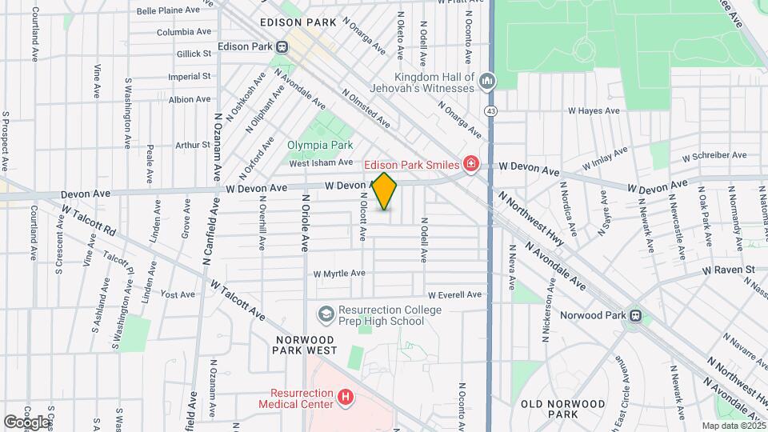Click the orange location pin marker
(385, 191)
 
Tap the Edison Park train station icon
(281, 46)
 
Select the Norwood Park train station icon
(636, 315)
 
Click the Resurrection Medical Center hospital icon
(346, 397)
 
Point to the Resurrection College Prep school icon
(326, 315)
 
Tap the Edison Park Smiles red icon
(471, 165)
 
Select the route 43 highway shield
(490, 110)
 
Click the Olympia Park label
(320, 146)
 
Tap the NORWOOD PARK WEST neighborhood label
(310, 345)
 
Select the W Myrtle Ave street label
(338, 274)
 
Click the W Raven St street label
(729, 270)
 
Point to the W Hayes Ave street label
(594, 111)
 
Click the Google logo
(26, 421)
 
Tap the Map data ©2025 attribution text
(733, 426)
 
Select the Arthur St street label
(192, 145)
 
